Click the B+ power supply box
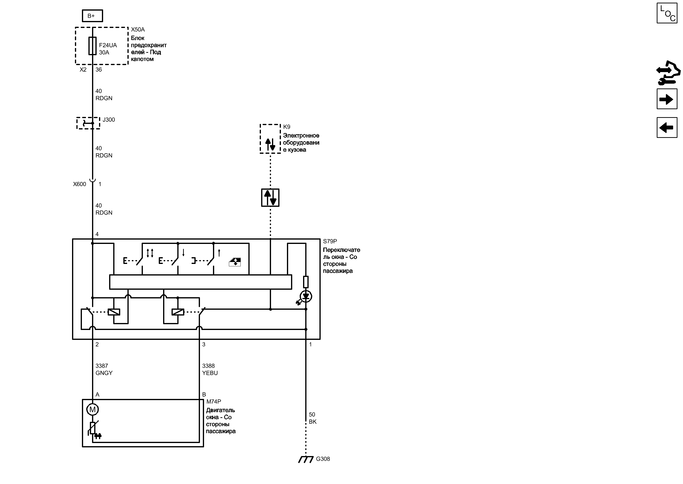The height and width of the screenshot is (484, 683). (x=92, y=16)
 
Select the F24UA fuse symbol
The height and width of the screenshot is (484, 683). (x=92, y=46)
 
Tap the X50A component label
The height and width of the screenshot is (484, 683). (x=138, y=29)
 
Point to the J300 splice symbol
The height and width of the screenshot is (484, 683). (x=88, y=123)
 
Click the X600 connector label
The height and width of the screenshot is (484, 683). (x=80, y=184)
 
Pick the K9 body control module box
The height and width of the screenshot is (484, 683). (x=270, y=139)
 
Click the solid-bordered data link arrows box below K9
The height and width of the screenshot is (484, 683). (x=270, y=198)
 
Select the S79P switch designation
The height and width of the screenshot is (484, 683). (x=330, y=242)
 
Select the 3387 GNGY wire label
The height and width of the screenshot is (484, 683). (x=104, y=369)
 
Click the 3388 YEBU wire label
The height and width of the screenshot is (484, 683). (x=210, y=369)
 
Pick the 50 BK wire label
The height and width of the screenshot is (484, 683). (x=312, y=418)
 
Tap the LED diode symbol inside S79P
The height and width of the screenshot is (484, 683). (x=306, y=296)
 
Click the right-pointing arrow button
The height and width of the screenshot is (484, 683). (x=667, y=99)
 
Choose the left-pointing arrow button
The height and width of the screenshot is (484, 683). (x=667, y=128)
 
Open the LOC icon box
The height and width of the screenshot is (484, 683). (x=667, y=13)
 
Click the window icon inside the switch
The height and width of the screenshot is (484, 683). (x=235, y=262)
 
